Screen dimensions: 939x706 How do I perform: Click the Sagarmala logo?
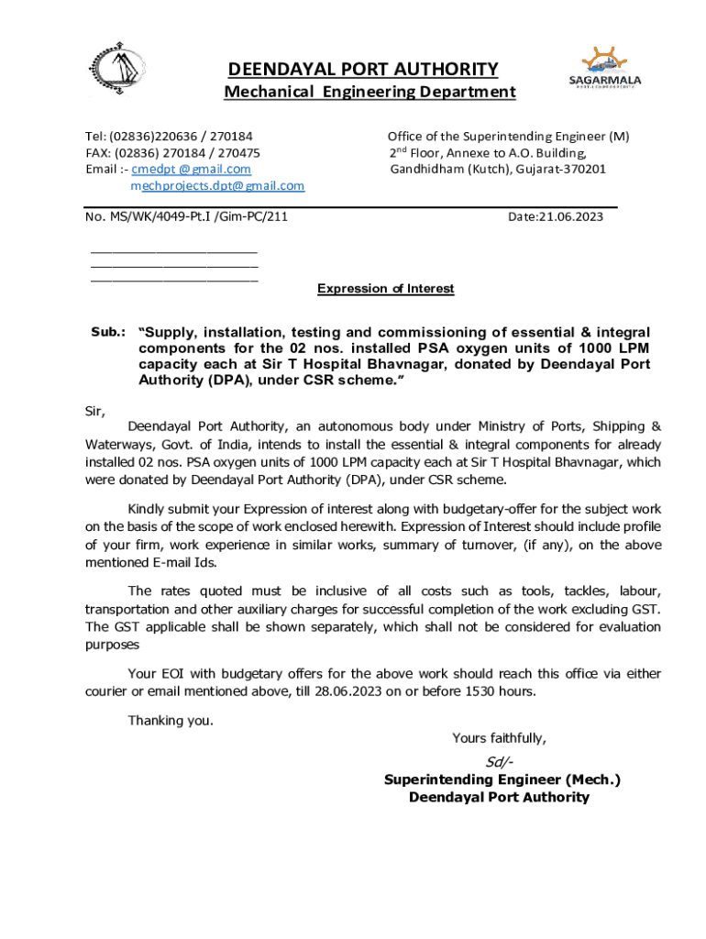605,70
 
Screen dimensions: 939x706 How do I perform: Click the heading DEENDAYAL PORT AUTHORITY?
363,70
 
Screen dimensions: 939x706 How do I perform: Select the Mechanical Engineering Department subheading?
370,92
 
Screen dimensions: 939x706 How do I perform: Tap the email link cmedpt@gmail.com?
192,170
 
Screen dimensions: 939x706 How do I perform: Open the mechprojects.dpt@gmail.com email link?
216,186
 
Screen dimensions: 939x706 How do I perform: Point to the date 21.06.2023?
556,216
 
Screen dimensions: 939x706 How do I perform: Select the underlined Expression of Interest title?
385,289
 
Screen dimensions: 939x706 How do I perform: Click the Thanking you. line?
171,720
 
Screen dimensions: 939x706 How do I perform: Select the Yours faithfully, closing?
499,738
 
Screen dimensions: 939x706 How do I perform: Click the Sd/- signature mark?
500,762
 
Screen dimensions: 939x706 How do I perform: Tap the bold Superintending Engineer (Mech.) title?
502,780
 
